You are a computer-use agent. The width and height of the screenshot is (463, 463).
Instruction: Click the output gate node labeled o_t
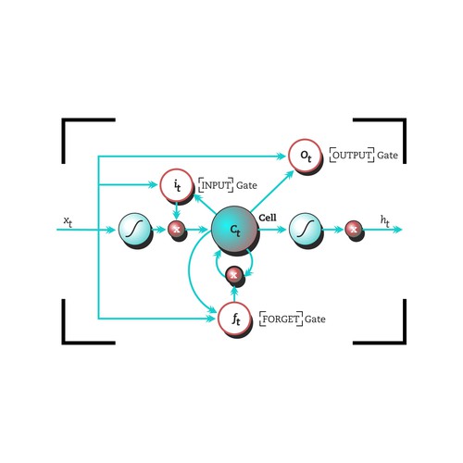click(305, 156)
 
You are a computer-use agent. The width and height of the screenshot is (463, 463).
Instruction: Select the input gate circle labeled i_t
click(176, 185)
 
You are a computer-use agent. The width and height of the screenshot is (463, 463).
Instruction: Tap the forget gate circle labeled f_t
click(234, 319)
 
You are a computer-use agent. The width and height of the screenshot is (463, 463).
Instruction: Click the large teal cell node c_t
click(234, 230)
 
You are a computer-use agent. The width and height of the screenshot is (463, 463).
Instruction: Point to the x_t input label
click(68, 221)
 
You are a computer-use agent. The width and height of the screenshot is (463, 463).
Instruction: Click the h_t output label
click(385, 220)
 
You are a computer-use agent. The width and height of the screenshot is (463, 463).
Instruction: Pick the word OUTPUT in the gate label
click(352, 155)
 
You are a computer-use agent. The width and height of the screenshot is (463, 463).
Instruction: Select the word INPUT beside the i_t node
click(216, 185)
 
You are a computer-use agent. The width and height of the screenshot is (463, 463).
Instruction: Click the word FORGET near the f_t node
click(281, 319)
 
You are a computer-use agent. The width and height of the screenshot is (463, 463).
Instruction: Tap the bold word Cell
click(268, 218)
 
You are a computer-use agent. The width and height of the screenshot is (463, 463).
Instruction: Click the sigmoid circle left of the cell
click(134, 230)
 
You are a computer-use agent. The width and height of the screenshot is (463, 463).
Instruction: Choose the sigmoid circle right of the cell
click(305, 230)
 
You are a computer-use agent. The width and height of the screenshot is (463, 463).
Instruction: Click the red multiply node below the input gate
click(176, 230)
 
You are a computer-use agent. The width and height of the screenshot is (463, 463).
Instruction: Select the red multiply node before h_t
click(354, 230)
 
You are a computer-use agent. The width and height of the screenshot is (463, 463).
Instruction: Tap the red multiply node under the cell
click(234, 274)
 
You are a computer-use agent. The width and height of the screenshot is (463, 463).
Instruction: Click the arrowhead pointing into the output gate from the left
click(282, 156)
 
